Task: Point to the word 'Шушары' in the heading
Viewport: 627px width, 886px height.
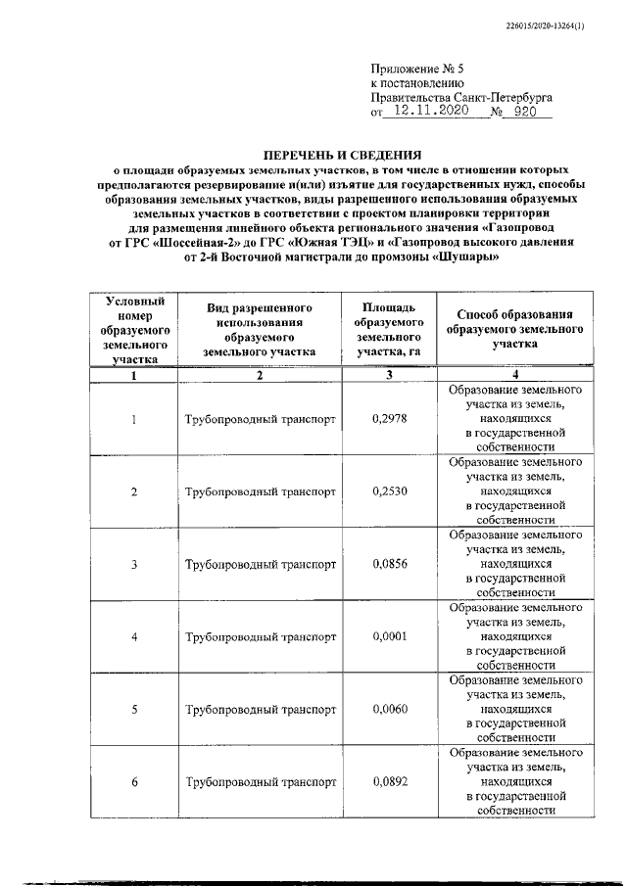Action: (468, 257)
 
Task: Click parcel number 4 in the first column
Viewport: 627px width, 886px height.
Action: (134, 637)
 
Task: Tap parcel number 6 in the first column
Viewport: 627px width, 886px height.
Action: (134, 782)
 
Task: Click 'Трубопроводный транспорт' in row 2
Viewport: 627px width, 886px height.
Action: (260, 491)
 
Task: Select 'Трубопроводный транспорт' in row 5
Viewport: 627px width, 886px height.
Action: (260, 710)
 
